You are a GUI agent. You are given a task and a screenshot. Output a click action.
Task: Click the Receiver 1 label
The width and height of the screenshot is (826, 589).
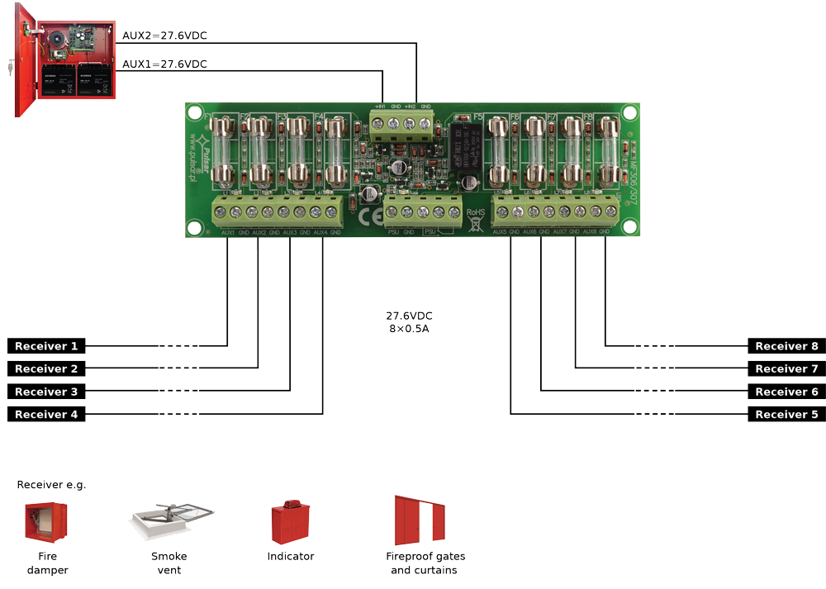(45, 346)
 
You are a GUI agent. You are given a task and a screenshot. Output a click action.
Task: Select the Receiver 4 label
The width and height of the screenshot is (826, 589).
(45, 414)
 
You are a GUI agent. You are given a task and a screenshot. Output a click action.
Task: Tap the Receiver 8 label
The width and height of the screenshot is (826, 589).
(786, 346)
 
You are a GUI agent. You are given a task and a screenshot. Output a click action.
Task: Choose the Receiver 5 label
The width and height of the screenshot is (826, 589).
(786, 414)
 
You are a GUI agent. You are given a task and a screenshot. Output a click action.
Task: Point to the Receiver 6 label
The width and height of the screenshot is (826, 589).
(786, 392)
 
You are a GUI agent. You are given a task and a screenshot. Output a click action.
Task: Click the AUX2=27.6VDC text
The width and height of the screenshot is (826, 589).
(164, 36)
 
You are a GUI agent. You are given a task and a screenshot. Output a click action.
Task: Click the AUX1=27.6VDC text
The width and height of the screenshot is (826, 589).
(164, 64)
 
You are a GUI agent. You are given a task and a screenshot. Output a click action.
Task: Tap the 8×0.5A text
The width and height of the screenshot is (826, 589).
(409, 329)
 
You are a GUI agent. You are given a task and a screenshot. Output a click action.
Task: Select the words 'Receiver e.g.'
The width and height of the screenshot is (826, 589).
(51, 485)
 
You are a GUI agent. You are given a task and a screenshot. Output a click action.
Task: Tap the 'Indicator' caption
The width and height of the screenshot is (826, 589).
(290, 557)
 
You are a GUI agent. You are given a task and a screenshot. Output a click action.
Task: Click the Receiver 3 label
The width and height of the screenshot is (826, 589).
(45, 392)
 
